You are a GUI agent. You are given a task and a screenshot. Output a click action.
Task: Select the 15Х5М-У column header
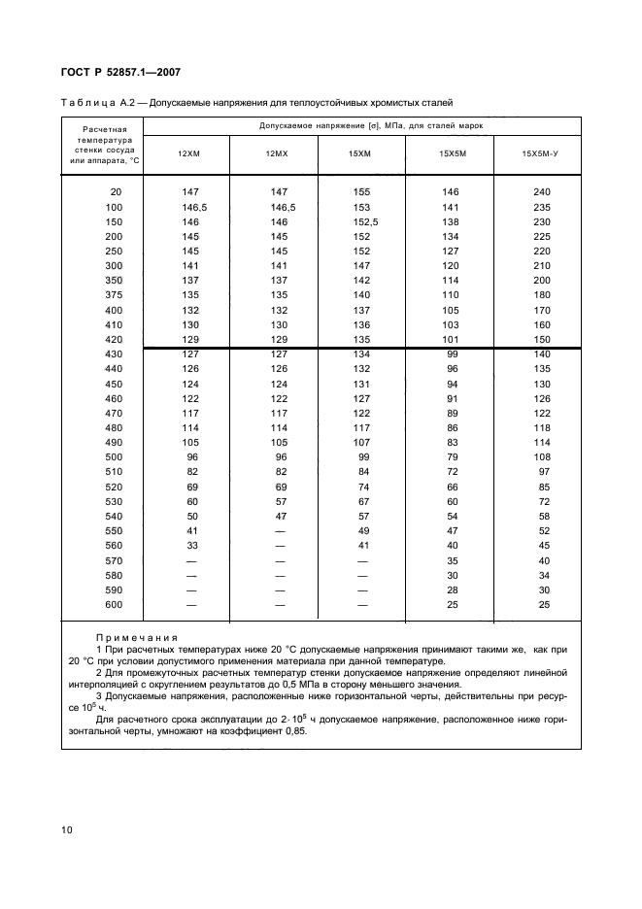tap(542, 154)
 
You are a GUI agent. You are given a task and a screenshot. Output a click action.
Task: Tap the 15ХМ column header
tap(359, 154)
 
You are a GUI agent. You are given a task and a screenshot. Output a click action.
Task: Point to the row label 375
tap(115, 294)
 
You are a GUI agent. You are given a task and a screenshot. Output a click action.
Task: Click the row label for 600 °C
tap(115, 605)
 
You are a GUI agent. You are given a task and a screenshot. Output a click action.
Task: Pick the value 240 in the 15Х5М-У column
tap(542, 192)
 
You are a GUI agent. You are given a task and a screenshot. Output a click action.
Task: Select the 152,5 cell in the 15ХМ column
tap(361, 221)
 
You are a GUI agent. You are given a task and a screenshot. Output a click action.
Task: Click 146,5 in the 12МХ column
tap(283, 207)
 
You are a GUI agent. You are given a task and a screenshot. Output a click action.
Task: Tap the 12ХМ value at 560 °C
tap(191, 547)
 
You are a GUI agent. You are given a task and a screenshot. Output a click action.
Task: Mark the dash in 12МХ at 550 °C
tap(281, 532)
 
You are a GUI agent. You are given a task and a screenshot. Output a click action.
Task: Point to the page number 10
tap(67, 829)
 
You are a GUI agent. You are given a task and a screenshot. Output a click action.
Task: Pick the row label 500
tap(115, 455)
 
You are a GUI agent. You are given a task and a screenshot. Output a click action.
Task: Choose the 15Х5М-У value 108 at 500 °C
tap(542, 455)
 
